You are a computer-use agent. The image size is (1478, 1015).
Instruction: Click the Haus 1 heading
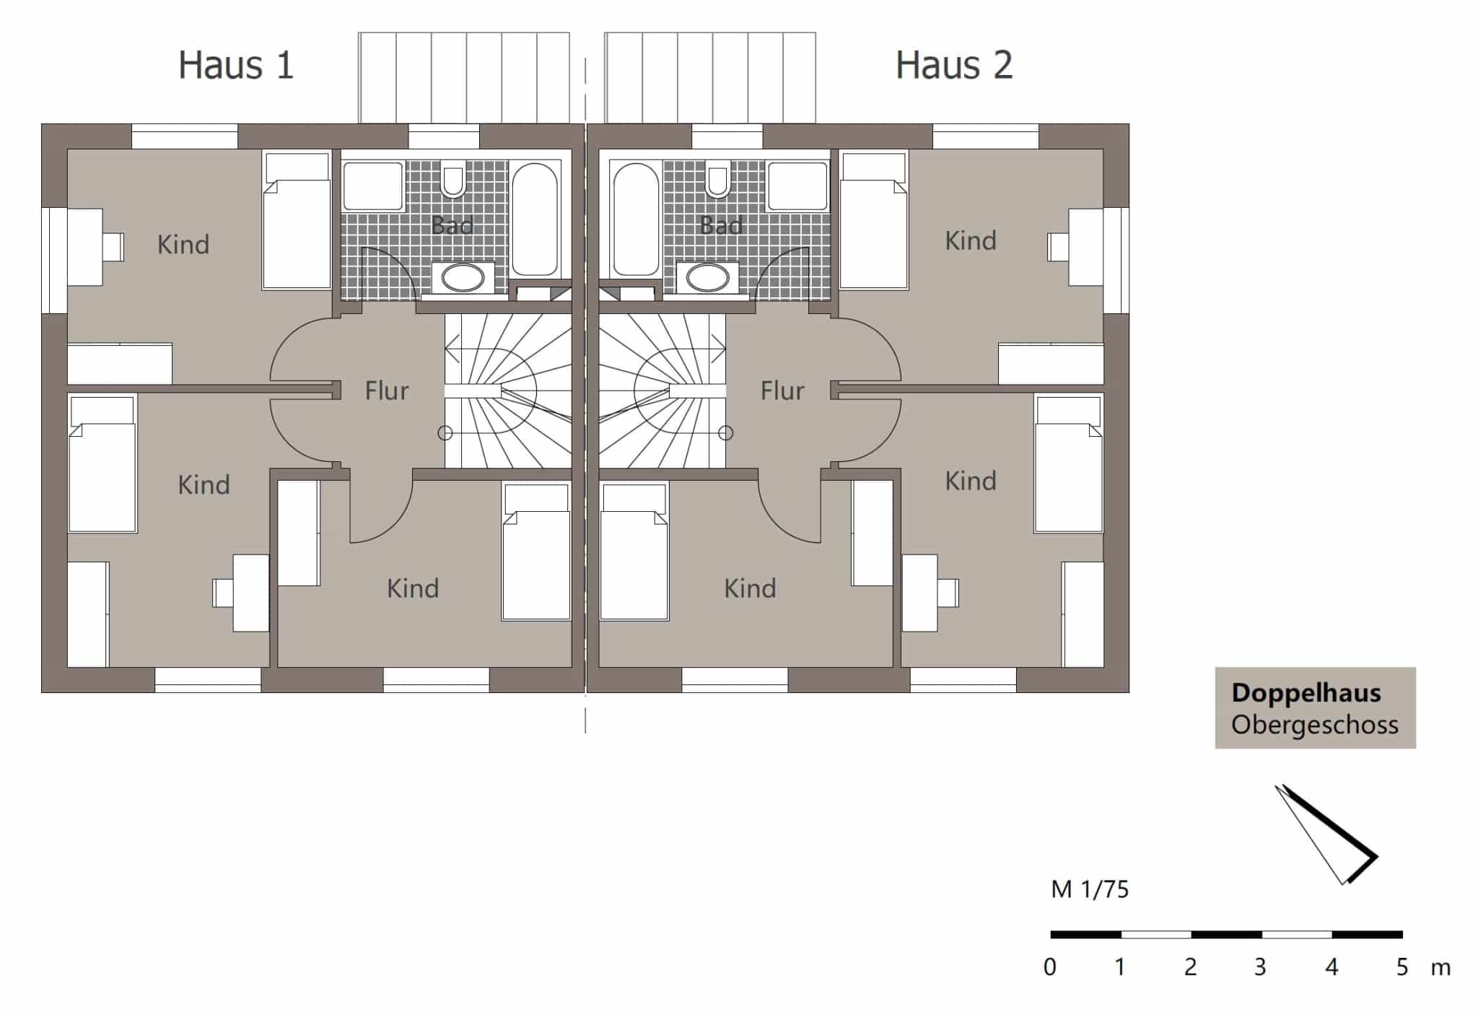click(x=236, y=65)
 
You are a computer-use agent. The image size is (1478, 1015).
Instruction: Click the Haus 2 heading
click(x=954, y=65)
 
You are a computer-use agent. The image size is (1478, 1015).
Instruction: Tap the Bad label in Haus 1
click(x=452, y=225)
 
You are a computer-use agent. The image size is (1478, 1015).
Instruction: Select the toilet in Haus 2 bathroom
click(x=718, y=182)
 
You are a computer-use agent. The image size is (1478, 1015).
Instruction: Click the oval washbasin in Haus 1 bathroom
click(x=463, y=277)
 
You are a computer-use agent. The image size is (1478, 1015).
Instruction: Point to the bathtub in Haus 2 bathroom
click(x=636, y=219)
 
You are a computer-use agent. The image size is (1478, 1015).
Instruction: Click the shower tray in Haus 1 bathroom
click(x=372, y=186)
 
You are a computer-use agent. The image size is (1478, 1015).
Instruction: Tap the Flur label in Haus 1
click(x=387, y=391)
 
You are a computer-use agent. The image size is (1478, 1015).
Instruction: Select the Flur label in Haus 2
click(x=782, y=391)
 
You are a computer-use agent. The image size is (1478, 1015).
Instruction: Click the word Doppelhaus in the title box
click(x=1306, y=693)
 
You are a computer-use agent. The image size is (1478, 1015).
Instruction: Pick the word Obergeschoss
click(x=1315, y=725)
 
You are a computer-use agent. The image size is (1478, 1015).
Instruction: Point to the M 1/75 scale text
click(x=1090, y=889)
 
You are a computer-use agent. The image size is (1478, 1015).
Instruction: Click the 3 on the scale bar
click(x=1260, y=967)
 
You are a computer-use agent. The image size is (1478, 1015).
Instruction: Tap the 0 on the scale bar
click(x=1050, y=967)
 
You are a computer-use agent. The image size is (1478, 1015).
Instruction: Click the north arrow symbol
click(x=1326, y=835)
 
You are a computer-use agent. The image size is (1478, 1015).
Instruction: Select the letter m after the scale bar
click(x=1440, y=968)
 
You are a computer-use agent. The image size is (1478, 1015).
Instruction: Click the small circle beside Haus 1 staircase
click(x=445, y=433)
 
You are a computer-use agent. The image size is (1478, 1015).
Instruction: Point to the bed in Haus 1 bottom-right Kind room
click(x=536, y=552)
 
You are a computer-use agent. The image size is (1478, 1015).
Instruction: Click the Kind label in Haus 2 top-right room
click(x=971, y=240)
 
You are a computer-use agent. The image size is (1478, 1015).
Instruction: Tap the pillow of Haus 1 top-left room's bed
click(x=297, y=167)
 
